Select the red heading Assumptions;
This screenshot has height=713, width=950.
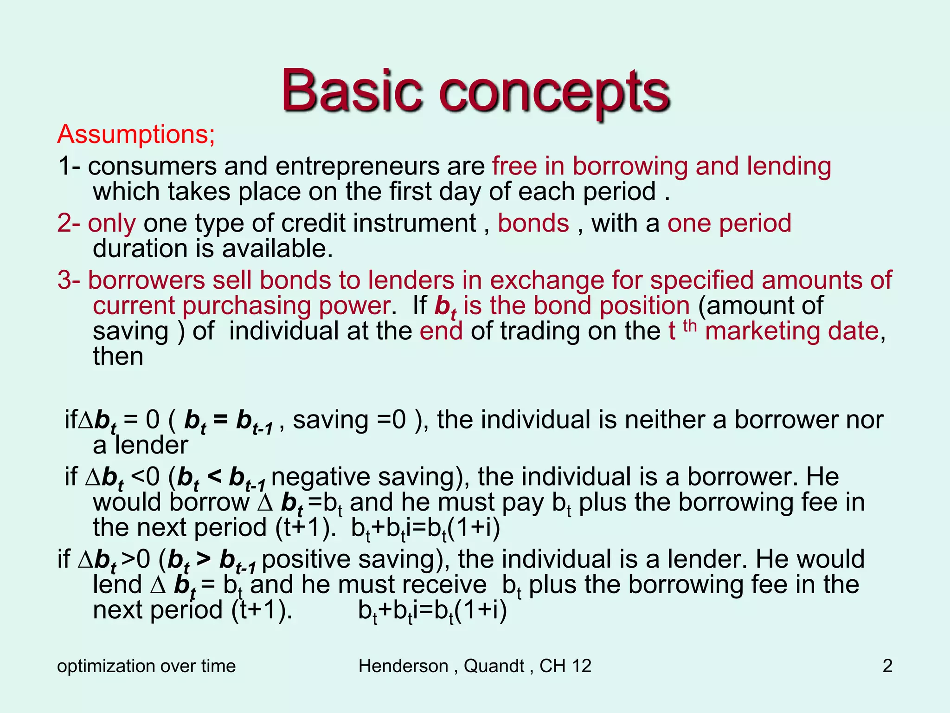(x=136, y=134)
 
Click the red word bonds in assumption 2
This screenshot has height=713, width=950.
(x=533, y=223)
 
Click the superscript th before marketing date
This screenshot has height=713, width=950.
(x=690, y=326)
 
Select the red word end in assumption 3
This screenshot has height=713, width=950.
(x=441, y=331)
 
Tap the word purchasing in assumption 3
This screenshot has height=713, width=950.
(x=246, y=306)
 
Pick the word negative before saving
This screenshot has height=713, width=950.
(x=322, y=477)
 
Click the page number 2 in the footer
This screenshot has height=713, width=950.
(x=887, y=666)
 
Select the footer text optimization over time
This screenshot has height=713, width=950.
(x=146, y=666)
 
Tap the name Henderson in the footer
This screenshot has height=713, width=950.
(x=403, y=666)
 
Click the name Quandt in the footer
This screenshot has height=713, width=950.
(x=494, y=666)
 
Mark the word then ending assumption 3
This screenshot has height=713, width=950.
(x=118, y=356)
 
